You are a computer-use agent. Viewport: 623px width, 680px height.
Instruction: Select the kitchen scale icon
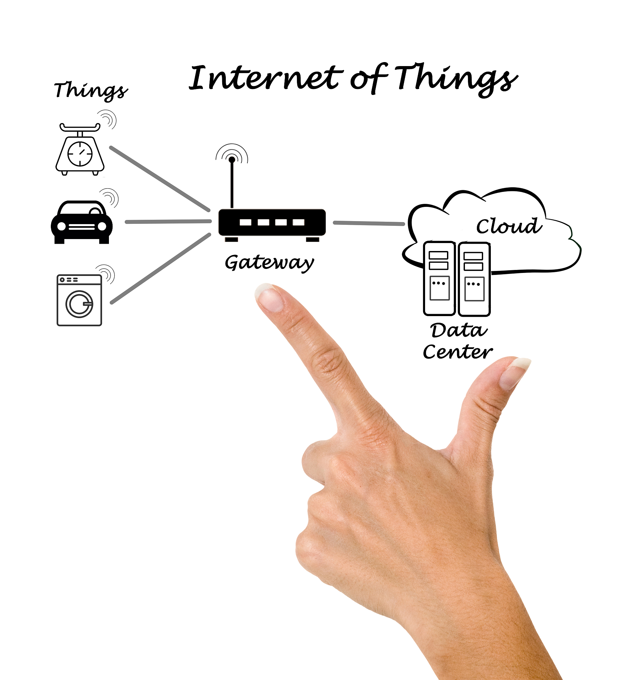(x=80, y=150)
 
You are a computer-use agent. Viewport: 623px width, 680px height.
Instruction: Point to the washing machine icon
(x=79, y=300)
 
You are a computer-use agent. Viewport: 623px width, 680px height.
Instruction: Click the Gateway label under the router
(x=269, y=262)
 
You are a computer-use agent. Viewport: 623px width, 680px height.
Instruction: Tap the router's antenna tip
(x=232, y=160)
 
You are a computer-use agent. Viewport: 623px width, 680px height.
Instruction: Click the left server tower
(x=439, y=279)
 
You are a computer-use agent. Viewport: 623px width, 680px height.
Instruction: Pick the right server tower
(x=474, y=279)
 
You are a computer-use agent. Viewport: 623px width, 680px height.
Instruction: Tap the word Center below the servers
(x=457, y=352)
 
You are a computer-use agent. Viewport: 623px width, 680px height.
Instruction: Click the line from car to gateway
(x=168, y=221)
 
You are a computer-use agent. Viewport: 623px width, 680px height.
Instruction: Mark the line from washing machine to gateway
(x=160, y=269)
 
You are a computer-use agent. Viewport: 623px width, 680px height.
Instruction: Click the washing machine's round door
(x=80, y=304)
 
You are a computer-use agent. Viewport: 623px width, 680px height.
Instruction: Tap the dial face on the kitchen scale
(x=80, y=154)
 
